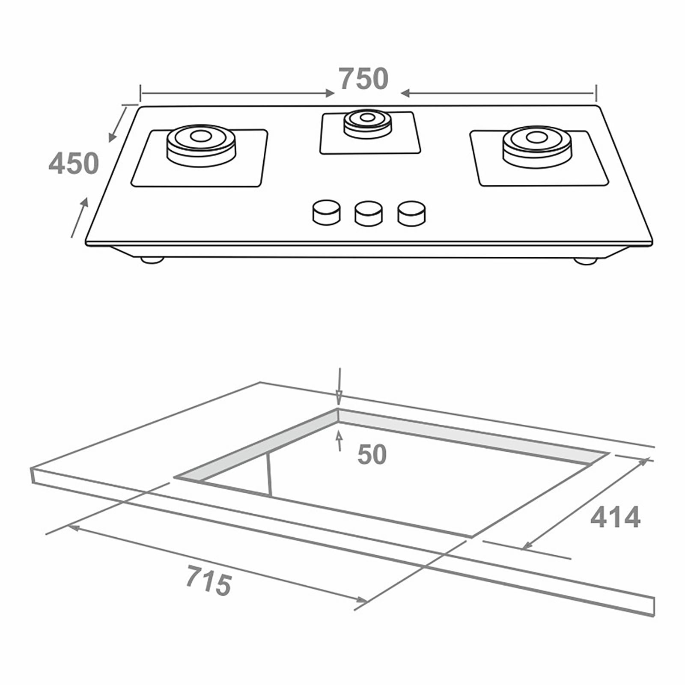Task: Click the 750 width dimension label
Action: [364, 79]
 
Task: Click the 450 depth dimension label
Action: [74, 163]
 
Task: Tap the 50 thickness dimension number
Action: [372, 455]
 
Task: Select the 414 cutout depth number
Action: [615, 518]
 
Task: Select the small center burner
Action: [367, 122]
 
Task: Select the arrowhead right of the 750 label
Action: [405, 93]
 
